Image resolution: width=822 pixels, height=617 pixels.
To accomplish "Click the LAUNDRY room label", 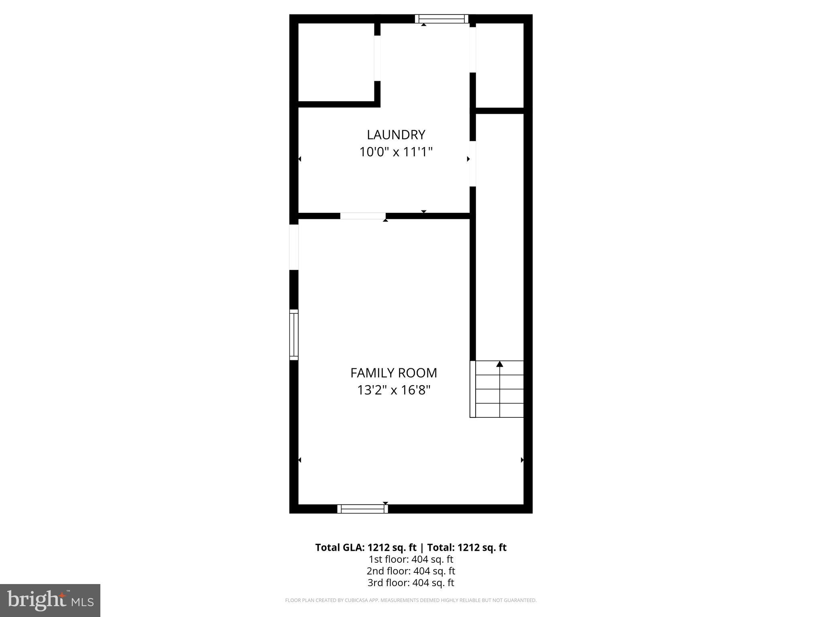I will [x=396, y=135].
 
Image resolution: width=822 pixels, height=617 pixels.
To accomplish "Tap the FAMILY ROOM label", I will [x=393, y=373].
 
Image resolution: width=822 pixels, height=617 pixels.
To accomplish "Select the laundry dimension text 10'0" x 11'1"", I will [x=396, y=152].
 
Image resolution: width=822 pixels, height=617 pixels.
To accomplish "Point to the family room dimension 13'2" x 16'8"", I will [x=393, y=390].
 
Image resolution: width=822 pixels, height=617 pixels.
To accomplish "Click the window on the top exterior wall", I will [x=442, y=19].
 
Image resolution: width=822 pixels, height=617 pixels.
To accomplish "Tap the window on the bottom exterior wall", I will [x=362, y=509].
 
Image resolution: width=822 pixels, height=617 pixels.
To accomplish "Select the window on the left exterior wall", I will [x=294, y=335].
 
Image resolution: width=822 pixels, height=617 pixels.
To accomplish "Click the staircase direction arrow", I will [x=500, y=364].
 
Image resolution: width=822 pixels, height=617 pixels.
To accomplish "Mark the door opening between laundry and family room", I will [x=363, y=216].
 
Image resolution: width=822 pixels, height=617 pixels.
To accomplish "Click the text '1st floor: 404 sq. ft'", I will [x=411, y=559].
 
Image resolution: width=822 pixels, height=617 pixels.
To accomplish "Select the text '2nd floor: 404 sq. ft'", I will [x=411, y=571].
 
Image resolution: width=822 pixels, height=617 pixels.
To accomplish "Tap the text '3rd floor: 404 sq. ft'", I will [x=411, y=582].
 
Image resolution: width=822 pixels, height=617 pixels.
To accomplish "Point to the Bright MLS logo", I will [x=50, y=601].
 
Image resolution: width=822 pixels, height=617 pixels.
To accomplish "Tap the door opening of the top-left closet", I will [x=377, y=58].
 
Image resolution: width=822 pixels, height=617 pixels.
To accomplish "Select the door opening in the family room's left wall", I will [x=294, y=247].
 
